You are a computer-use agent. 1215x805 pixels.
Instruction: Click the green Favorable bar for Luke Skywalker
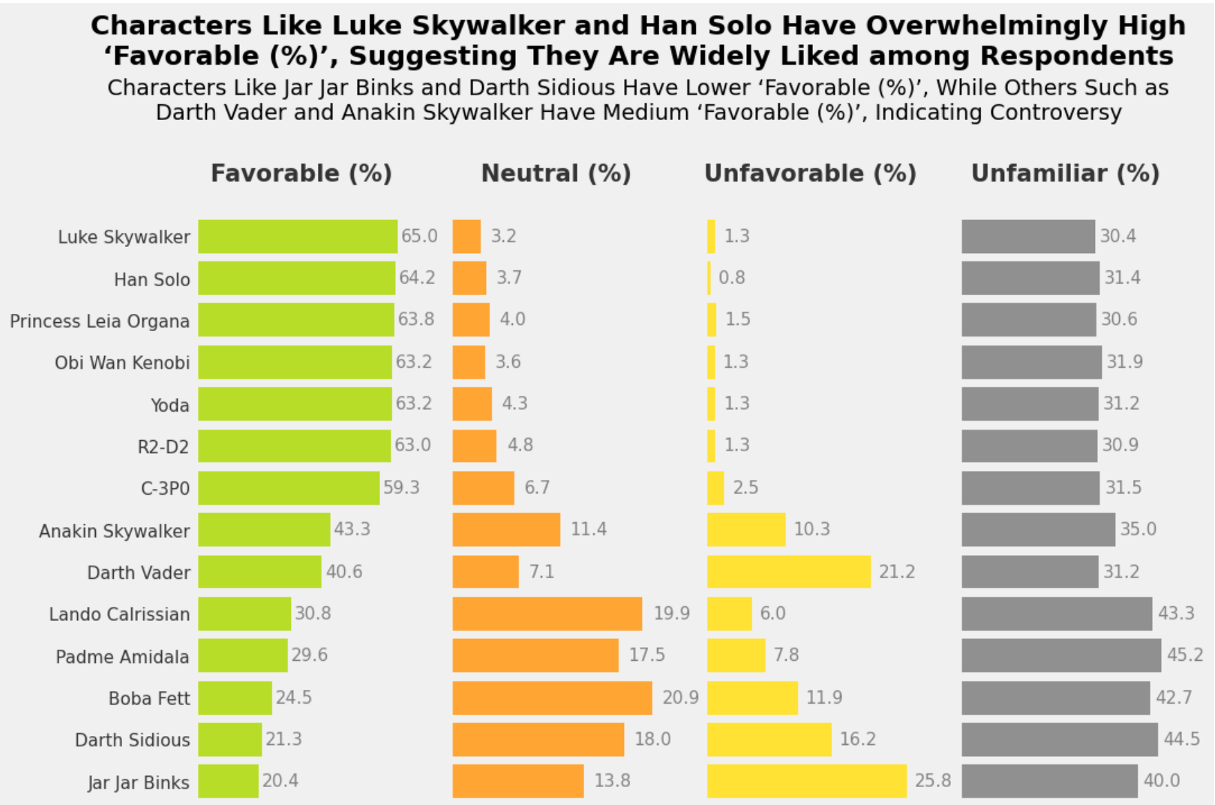point(298,237)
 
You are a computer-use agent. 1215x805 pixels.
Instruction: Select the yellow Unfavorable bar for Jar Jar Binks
point(807,781)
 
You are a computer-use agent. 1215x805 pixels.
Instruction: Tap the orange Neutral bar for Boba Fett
point(552,698)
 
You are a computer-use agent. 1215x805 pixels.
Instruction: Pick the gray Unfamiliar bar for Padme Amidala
point(1061,655)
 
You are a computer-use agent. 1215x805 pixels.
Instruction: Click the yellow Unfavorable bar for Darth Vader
point(789,572)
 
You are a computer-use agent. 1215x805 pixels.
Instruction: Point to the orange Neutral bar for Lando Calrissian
point(548,614)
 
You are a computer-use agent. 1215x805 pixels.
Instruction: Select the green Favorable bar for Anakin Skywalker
point(264,530)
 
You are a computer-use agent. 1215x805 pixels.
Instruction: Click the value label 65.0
point(419,236)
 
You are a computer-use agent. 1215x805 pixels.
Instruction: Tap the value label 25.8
point(933,780)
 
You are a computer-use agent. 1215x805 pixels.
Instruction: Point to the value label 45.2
point(1185,655)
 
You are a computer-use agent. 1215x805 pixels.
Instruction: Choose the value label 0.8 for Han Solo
point(732,277)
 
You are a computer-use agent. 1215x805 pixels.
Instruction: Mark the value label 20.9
point(681,697)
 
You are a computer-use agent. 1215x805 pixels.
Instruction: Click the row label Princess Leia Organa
point(99,321)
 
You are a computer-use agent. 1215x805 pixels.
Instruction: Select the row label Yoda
point(170,405)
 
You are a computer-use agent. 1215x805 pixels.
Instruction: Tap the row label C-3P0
point(165,488)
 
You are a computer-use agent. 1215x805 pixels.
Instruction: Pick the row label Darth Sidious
point(132,740)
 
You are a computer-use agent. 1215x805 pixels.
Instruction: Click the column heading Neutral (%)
point(556,173)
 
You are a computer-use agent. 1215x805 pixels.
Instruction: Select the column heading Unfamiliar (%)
point(1065,173)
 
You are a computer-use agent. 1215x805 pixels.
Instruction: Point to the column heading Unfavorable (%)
point(810,173)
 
